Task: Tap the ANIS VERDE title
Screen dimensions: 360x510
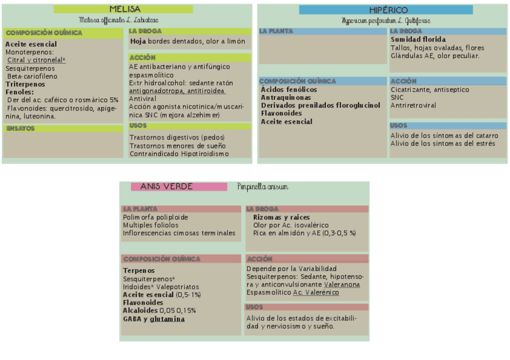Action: click(167, 187)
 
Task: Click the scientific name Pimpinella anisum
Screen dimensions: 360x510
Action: click(262, 187)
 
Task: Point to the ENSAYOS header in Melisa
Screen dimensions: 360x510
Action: click(20, 128)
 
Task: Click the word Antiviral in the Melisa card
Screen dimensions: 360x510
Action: click(143, 99)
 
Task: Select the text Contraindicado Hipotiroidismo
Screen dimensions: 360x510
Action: click(179, 154)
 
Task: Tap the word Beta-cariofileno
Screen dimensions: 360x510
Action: click(32, 76)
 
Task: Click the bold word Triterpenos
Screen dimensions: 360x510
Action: click(26, 84)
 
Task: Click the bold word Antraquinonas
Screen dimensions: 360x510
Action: click(286, 97)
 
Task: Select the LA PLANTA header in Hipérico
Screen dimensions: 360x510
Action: click(277, 31)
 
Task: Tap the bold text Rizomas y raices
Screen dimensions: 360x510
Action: click(281, 217)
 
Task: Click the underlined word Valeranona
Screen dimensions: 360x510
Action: click(342, 284)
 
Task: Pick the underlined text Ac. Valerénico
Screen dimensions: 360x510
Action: click(316, 292)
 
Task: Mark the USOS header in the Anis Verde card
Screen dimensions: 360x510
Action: click(254, 307)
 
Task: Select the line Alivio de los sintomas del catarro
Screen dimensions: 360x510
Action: click(444, 136)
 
